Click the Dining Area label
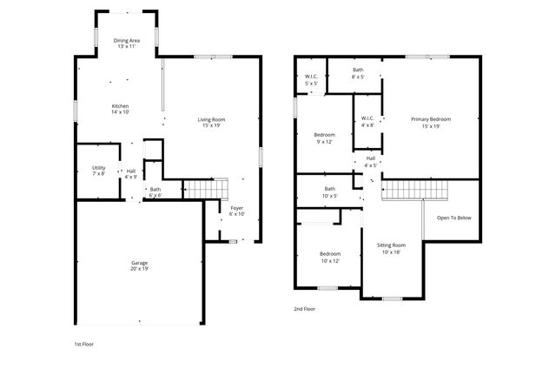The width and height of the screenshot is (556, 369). pos(126,44)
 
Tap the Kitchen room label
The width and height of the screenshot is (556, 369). pos(120,109)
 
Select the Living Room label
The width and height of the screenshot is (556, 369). pos(211,123)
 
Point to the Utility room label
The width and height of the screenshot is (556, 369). pos(98,171)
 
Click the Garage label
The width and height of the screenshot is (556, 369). pos(139,265)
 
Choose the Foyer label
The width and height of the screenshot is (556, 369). pos(236,211)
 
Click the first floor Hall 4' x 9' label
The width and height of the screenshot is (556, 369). pos(130,174)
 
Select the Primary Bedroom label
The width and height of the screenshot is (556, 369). pos(431,123)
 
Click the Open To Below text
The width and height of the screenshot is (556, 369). pos(453,218)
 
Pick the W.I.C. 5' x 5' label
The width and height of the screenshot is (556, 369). pos(310,80)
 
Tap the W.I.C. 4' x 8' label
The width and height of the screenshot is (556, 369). pos(367,122)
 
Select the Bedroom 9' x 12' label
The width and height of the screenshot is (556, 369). pos(323,138)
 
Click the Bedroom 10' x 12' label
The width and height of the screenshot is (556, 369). pos(330,257)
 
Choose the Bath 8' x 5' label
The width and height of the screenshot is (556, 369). pos(358,73)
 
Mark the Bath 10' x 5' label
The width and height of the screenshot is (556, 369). pos(330,191)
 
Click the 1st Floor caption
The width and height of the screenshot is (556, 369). pos(83,344)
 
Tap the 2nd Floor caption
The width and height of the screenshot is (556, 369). pos(304,308)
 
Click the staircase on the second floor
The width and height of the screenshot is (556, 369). pos(414,189)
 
